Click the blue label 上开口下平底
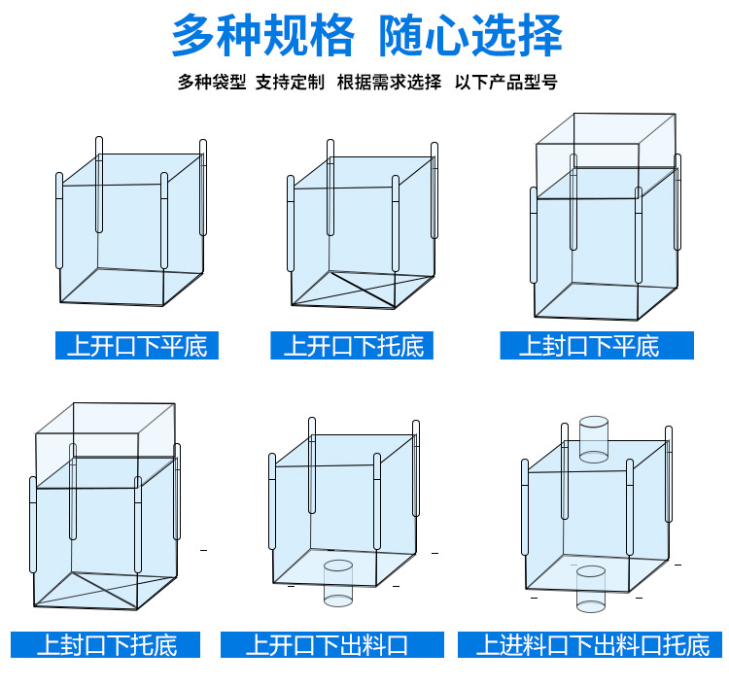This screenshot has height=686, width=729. pyautogui.click(x=137, y=346)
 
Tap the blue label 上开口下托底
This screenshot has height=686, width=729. pyautogui.click(x=352, y=346)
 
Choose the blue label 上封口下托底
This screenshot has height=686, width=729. pyautogui.click(x=106, y=644)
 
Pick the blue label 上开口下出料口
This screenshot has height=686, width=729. pyautogui.click(x=331, y=644)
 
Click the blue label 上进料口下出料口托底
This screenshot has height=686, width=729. pyautogui.click(x=599, y=644)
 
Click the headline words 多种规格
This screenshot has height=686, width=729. pyautogui.click(x=263, y=37)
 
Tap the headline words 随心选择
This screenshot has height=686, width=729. pyautogui.click(x=472, y=37)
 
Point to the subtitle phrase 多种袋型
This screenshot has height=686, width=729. pyautogui.click(x=212, y=83)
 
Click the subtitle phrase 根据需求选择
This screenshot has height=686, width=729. pyautogui.click(x=389, y=83)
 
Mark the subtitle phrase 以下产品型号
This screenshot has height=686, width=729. pyautogui.click(x=506, y=83)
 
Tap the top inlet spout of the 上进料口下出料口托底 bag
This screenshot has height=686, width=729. pyautogui.click(x=592, y=438)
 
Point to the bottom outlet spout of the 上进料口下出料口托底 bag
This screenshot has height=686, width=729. pyautogui.click(x=590, y=590)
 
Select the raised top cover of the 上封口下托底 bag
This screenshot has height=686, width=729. pyautogui.click(x=105, y=432)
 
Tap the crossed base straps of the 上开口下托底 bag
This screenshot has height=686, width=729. pyautogui.click(x=345, y=289)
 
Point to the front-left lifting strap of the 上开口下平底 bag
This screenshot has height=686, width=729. pyautogui.click(x=59, y=222)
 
